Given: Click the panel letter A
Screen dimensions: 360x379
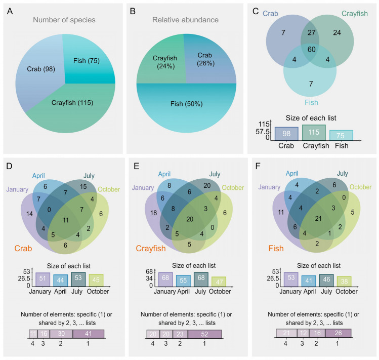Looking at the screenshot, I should coord(10,12).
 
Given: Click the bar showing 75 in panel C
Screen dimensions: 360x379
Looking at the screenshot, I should coord(341,134).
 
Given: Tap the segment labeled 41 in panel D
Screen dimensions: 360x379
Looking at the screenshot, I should coord(88,334).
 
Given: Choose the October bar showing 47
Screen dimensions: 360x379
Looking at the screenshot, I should coord(219,282).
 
